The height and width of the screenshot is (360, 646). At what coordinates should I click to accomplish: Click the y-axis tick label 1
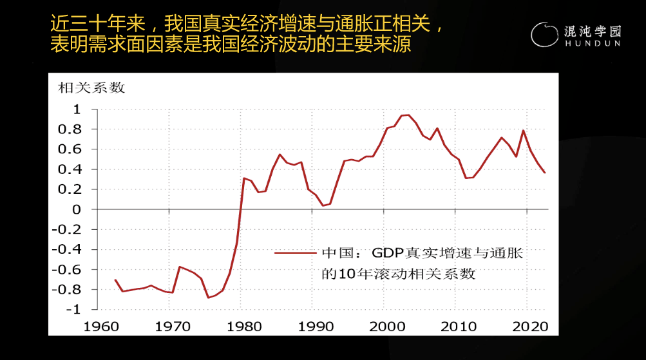click(x=77, y=109)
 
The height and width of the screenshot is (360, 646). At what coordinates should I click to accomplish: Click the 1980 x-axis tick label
click(x=243, y=326)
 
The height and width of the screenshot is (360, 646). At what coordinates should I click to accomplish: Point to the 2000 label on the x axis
click(x=386, y=326)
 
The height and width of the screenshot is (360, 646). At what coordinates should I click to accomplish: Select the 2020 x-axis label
click(x=529, y=326)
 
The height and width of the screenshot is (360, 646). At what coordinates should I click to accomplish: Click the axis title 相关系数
click(x=92, y=88)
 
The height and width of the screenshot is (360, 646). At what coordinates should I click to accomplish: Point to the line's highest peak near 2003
click(x=408, y=115)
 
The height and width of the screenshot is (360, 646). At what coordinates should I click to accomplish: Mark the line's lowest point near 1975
click(x=208, y=298)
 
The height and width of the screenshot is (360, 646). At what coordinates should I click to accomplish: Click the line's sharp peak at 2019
click(x=523, y=131)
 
